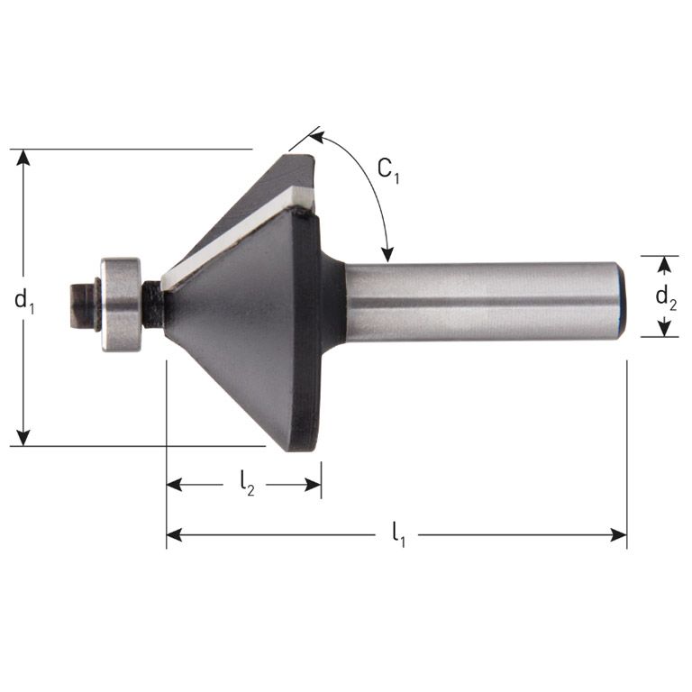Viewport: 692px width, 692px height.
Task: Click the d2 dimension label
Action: pos(666,297)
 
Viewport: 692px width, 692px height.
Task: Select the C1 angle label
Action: pos(387,169)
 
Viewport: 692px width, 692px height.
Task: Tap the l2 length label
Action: pos(246,485)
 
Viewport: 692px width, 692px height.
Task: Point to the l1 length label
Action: pos(397,535)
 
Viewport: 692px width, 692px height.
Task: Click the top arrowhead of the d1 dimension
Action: pos(24,157)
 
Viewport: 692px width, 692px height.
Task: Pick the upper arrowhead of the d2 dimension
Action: pos(665,263)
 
